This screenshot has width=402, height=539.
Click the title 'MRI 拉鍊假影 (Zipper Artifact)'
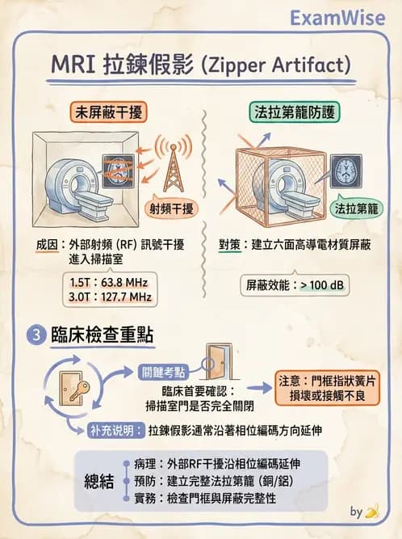[x=200, y=64]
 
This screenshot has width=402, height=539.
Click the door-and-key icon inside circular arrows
[x=73, y=393]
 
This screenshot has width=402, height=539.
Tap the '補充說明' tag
[x=115, y=430]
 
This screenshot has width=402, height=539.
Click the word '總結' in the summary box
[x=104, y=482]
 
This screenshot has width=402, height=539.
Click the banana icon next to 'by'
[x=372, y=511]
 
